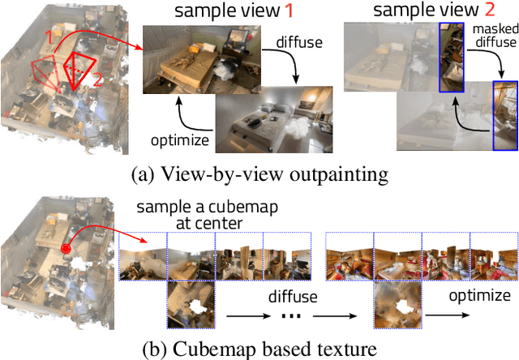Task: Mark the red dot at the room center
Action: [x=64, y=248]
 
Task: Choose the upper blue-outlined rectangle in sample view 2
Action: [x=453, y=58]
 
